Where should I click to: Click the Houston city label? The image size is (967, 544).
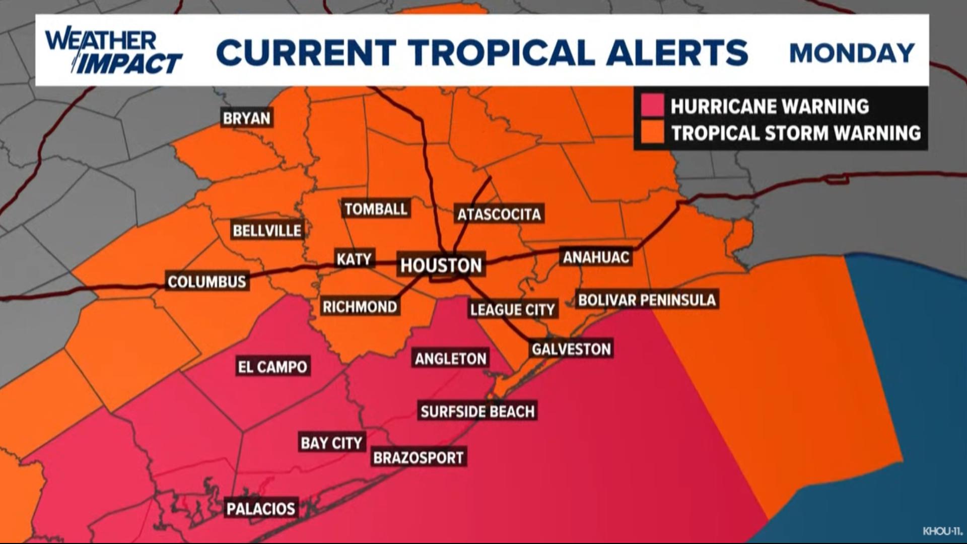pyautogui.click(x=441, y=265)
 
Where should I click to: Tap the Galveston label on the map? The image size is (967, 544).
pyautogui.click(x=571, y=349)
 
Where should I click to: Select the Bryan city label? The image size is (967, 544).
pyautogui.click(x=247, y=118)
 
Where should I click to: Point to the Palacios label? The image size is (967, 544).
pyautogui.click(x=261, y=508)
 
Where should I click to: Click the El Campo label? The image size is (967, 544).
pyautogui.click(x=272, y=366)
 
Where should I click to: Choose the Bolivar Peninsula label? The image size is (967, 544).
pyautogui.click(x=647, y=300)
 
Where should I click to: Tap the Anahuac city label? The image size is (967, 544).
pyautogui.click(x=596, y=257)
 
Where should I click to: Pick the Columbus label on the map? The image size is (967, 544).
pyautogui.click(x=207, y=281)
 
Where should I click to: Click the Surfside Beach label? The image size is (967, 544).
pyautogui.click(x=477, y=411)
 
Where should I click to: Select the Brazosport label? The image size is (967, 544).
pyautogui.click(x=418, y=457)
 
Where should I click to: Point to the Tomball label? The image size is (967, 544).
pyautogui.click(x=376, y=209)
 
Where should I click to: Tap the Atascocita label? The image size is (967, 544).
pyautogui.click(x=499, y=214)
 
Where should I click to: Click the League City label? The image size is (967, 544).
pyautogui.click(x=512, y=309)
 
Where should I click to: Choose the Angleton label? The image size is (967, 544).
pyautogui.click(x=451, y=358)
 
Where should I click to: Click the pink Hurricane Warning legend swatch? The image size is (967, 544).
pyautogui.click(x=652, y=106)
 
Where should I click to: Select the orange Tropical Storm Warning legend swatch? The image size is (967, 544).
pyautogui.click(x=652, y=132)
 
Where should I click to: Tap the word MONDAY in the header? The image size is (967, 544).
pyautogui.click(x=852, y=53)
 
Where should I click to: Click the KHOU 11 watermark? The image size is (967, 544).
pyautogui.click(x=942, y=531)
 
